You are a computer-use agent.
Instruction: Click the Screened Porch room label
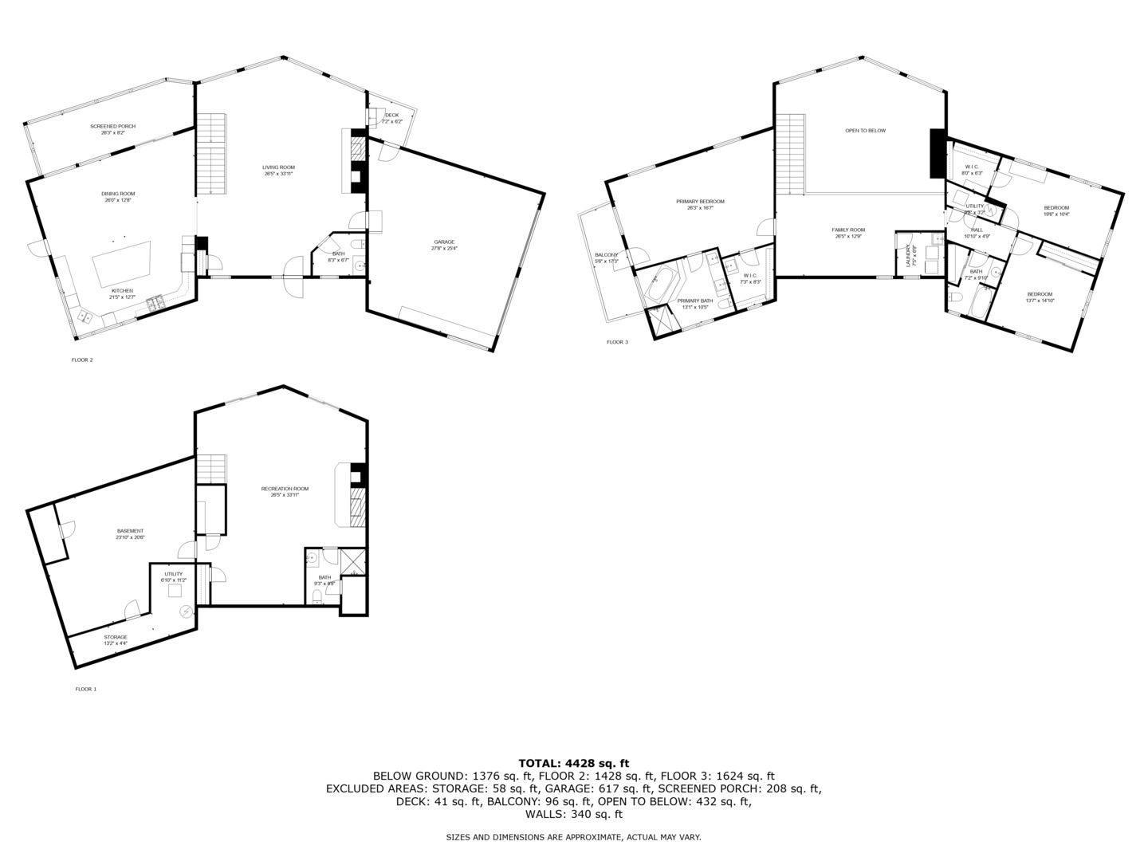click(112, 127)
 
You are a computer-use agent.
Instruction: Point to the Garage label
click(445, 242)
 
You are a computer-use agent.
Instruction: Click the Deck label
click(391, 116)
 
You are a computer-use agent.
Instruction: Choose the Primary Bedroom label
click(700, 202)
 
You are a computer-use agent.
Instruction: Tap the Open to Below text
click(865, 131)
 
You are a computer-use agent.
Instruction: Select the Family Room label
click(849, 230)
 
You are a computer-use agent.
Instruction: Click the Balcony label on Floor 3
click(606, 255)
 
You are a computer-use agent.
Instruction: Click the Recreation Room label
click(285, 489)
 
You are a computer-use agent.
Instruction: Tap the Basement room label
click(130, 531)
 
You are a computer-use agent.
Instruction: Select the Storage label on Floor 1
click(116, 637)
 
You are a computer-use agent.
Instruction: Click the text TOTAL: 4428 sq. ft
click(573, 763)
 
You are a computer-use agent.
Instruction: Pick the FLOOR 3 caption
click(617, 342)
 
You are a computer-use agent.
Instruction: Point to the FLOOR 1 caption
click(85, 689)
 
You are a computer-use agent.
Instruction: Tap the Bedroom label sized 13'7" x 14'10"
click(1040, 294)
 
